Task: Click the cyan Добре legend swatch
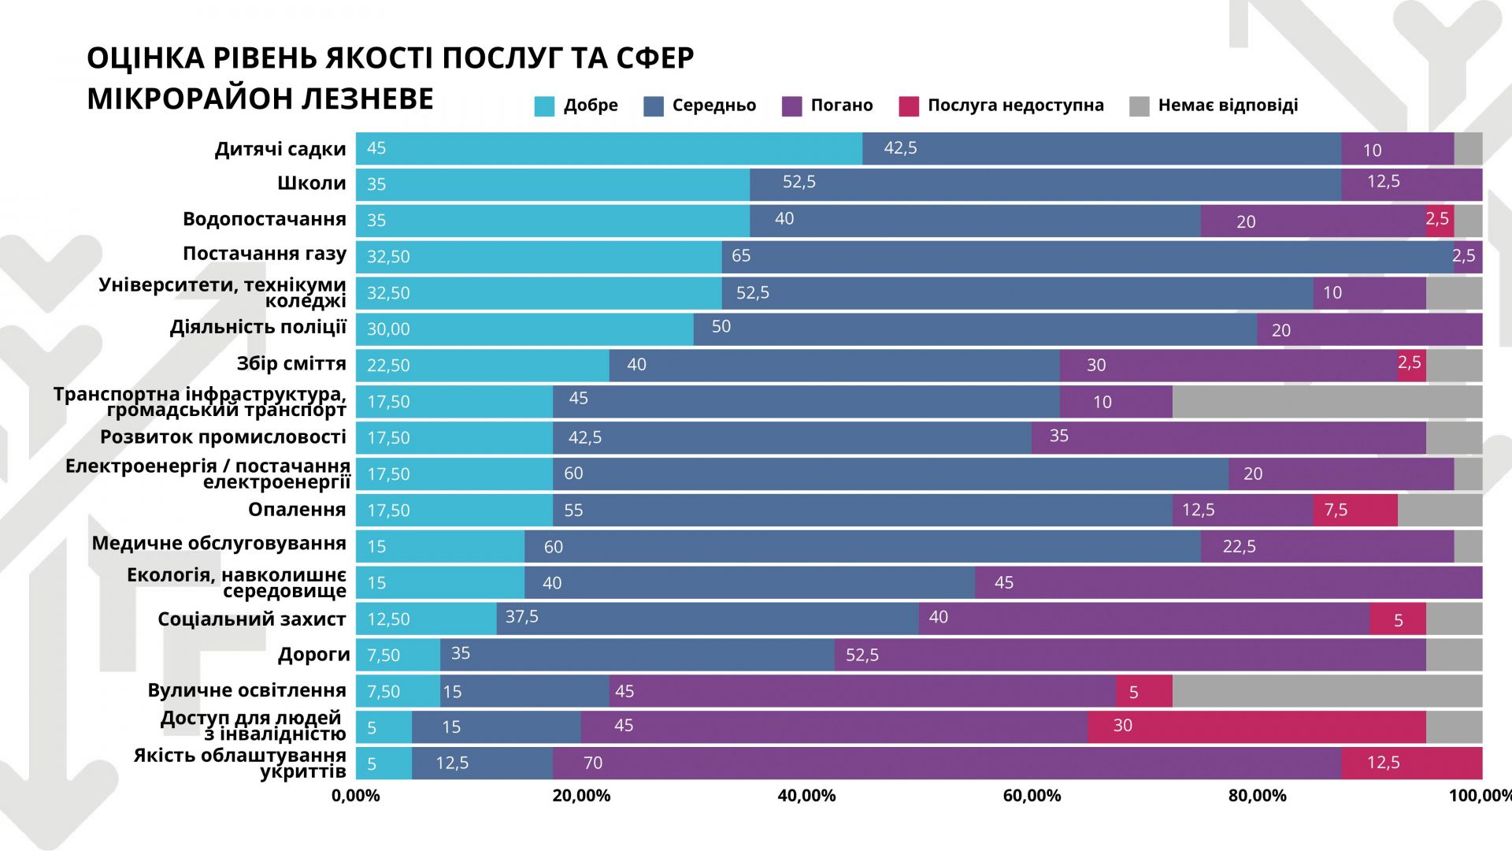tap(544, 106)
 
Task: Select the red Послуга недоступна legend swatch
tap(909, 106)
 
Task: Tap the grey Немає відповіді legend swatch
tap(1140, 106)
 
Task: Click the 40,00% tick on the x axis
tap(806, 796)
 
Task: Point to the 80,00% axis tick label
tap(1257, 796)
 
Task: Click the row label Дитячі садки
tap(280, 150)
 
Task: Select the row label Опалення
tap(297, 510)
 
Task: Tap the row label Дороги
tap(313, 655)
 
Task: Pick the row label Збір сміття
tap(291, 364)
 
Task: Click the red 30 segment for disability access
tap(1257, 727)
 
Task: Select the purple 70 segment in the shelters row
tap(947, 763)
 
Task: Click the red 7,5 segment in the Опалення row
tap(1355, 510)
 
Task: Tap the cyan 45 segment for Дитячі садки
tap(609, 149)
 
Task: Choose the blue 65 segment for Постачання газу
tap(1088, 257)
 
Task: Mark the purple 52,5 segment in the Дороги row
tap(1130, 655)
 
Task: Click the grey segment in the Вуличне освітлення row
tap(1327, 691)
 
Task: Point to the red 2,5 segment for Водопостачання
tap(1440, 221)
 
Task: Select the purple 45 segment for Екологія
tap(1228, 582)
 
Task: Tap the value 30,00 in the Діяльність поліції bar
tap(388, 329)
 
